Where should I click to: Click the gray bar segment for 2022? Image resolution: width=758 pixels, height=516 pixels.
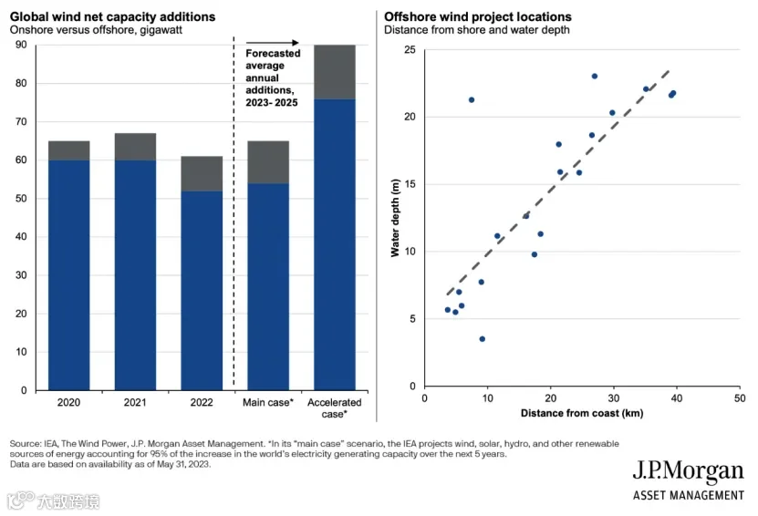click(x=202, y=173)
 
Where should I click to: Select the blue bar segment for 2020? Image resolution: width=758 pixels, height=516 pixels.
click(x=69, y=275)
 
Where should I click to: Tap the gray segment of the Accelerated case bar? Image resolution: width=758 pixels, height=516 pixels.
click(x=335, y=72)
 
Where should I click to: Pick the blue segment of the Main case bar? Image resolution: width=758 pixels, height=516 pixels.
click(x=268, y=286)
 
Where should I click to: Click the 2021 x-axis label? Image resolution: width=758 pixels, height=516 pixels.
click(x=135, y=402)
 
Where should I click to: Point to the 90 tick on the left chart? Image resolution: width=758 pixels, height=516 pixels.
click(x=21, y=45)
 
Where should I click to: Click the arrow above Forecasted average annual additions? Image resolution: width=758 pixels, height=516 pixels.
click(x=273, y=43)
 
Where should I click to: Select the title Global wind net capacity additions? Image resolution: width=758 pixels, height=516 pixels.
click(x=112, y=17)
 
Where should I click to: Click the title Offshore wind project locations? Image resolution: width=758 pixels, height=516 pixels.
click(x=478, y=17)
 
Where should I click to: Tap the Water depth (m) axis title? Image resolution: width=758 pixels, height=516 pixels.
click(x=396, y=218)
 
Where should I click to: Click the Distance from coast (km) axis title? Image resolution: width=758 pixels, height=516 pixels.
click(x=582, y=413)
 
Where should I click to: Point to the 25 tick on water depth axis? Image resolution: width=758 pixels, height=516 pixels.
click(x=410, y=50)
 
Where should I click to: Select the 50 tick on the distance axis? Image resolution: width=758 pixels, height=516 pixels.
click(x=740, y=398)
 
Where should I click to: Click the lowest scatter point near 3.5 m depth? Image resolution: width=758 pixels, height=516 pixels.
click(x=482, y=339)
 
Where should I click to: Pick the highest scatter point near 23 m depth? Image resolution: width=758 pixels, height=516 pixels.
click(x=595, y=77)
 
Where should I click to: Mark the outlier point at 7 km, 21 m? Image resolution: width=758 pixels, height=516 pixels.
click(x=472, y=100)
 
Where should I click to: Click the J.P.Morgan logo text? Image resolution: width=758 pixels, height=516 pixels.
click(x=689, y=471)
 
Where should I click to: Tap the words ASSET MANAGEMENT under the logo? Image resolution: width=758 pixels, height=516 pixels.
click(x=689, y=496)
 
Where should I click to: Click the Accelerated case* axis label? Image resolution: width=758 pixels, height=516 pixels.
click(x=335, y=408)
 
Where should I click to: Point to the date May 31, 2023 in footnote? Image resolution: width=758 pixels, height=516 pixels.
click(x=182, y=464)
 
